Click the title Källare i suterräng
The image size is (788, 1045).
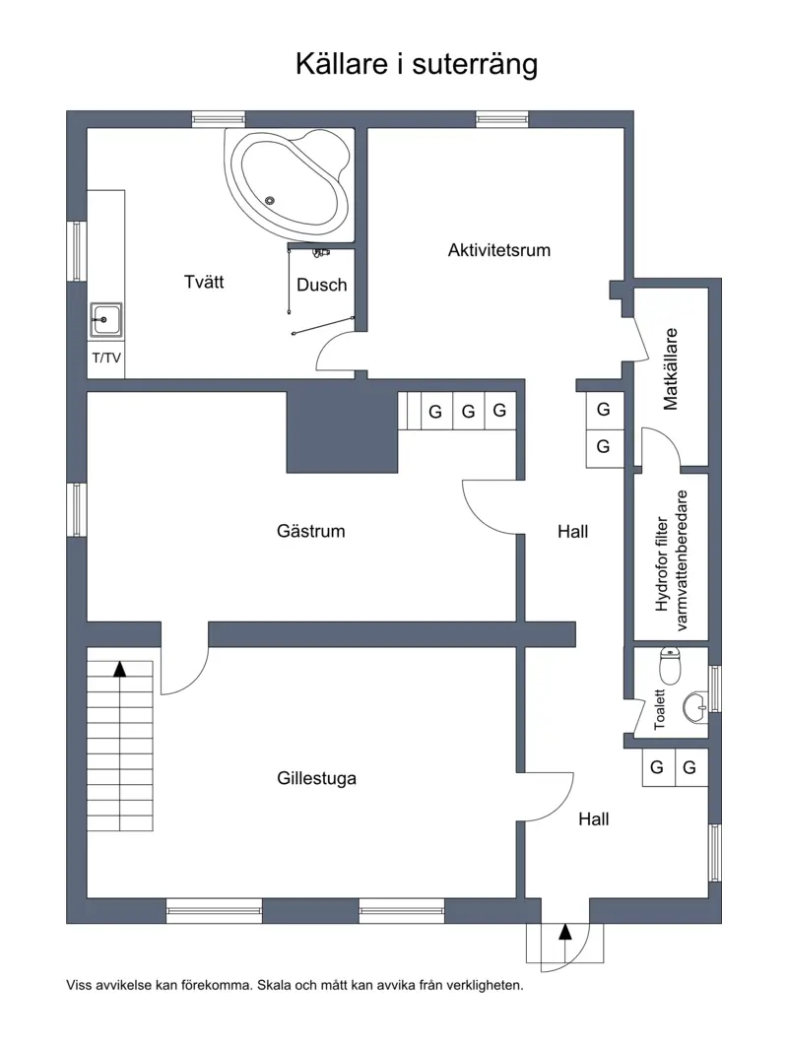pyautogui.click(x=416, y=65)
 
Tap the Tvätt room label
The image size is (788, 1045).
pyautogui.click(x=204, y=282)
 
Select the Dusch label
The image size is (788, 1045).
pyautogui.click(x=321, y=285)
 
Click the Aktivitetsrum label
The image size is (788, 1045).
pyautogui.click(x=499, y=250)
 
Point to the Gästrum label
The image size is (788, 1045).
pyautogui.click(x=310, y=531)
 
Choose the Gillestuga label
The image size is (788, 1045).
pyautogui.click(x=316, y=778)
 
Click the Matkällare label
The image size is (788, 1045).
pyautogui.click(x=670, y=368)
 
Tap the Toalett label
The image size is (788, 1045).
pyautogui.click(x=659, y=709)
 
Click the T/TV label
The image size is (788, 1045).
pyautogui.click(x=106, y=358)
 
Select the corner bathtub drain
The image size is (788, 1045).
pyautogui.click(x=270, y=200)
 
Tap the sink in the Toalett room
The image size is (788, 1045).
pyautogui.click(x=695, y=706)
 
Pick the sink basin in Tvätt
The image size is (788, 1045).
pyautogui.click(x=106, y=320)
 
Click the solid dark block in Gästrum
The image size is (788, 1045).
pyautogui.click(x=342, y=431)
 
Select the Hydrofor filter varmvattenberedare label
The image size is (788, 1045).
pyautogui.click(x=671, y=560)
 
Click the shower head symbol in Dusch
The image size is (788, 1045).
pyautogui.click(x=322, y=252)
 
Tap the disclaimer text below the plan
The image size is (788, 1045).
pyautogui.click(x=295, y=985)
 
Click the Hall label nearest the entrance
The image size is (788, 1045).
pyautogui.click(x=593, y=819)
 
